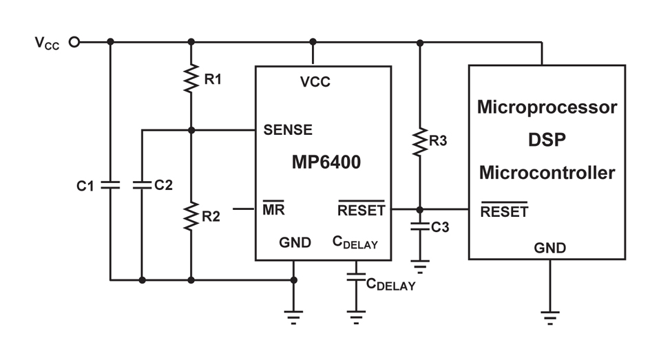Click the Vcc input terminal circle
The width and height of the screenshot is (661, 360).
click(74, 42)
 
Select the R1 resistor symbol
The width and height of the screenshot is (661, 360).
click(191, 78)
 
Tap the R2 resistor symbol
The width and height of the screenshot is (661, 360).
click(191, 216)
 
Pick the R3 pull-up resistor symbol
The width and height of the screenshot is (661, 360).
click(419, 142)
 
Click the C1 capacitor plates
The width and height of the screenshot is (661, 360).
click(110, 184)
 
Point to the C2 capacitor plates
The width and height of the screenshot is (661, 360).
click(142, 184)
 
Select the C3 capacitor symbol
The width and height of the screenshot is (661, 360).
click(419, 226)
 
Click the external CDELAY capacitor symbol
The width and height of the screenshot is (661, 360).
click(356, 277)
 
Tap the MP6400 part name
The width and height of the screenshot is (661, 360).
click(326, 162)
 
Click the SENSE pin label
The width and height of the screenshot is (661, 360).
click(288, 130)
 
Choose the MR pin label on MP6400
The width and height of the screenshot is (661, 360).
click(273, 209)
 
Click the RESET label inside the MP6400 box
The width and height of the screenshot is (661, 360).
click(361, 209)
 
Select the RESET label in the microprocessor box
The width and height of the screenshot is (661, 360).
click(504, 211)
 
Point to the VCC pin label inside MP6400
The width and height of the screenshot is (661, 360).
click(315, 82)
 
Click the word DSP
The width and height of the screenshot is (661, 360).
click(547, 140)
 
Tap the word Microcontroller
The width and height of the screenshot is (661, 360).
click(547, 173)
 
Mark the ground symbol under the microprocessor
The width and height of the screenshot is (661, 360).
click(549, 317)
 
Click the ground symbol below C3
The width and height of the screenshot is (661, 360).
click(419, 266)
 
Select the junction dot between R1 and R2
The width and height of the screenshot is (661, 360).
click(191, 130)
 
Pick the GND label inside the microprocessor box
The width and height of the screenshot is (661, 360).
click(549, 248)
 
